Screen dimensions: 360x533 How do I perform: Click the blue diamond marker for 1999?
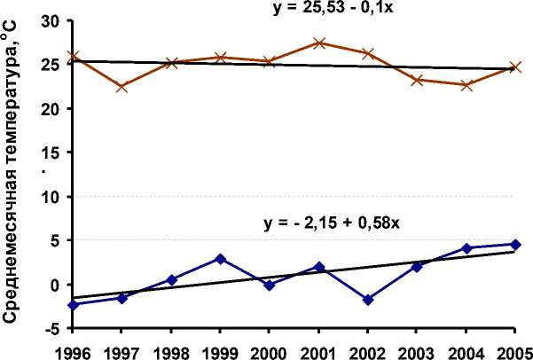click(x=220, y=259)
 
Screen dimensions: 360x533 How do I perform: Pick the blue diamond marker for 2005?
click(x=514, y=245)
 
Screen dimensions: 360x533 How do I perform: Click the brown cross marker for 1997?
click(x=122, y=87)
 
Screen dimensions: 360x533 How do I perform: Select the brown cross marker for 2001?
click(x=318, y=43)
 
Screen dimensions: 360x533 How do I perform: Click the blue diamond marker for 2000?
click(x=269, y=285)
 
